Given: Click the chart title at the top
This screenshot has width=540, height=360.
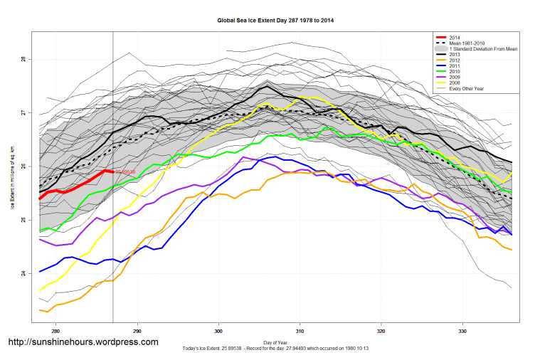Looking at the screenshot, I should [275, 21].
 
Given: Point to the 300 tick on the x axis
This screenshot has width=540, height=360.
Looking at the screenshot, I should [218, 331].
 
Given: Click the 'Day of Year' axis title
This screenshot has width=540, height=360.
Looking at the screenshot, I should [275, 343].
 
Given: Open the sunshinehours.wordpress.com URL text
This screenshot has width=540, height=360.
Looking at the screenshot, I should [83, 342].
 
